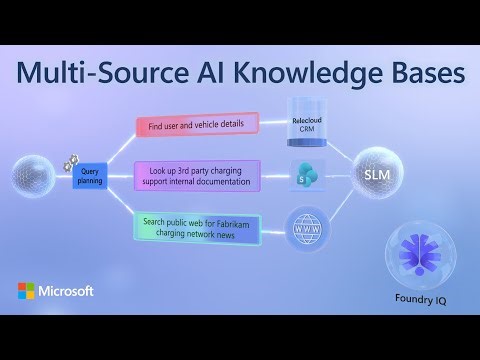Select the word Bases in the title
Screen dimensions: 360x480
click(421, 75)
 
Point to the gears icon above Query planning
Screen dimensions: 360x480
click(71, 159)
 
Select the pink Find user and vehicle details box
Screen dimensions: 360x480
click(197, 125)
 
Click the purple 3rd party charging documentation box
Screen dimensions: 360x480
click(197, 175)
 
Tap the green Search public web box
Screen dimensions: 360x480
click(197, 225)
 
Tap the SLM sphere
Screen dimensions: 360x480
click(376, 176)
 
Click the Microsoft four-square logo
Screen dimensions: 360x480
click(27, 291)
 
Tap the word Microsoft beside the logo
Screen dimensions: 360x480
click(67, 291)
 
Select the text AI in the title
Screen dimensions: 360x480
click(201, 75)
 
